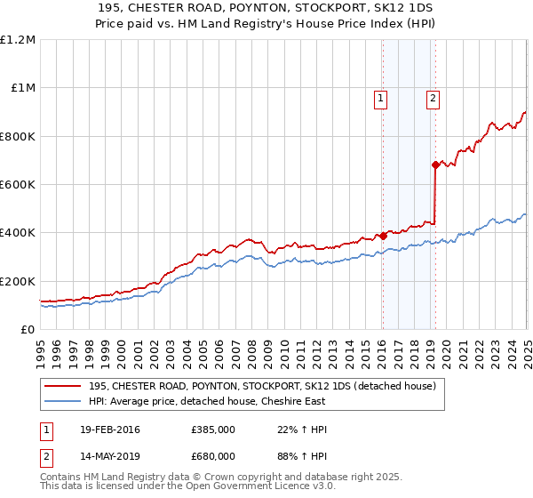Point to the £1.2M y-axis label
pyautogui.click(x=19, y=40)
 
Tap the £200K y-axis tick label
pyautogui.click(x=18, y=281)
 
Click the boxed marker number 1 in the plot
pyautogui.click(x=380, y=99)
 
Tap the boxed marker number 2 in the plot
pyautogui.click(x=433, y=99)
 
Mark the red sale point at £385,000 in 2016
pyautogui.click(x=384, y=237)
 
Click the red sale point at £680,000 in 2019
pyautogui.click(x=435, y=165)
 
